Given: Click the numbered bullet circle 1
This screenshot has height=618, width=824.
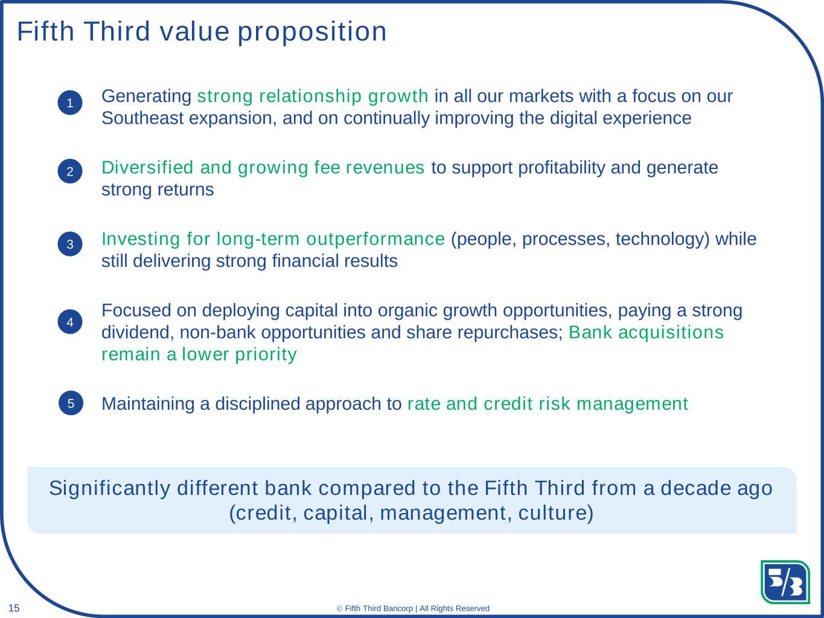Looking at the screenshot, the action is click(x=70, y=103).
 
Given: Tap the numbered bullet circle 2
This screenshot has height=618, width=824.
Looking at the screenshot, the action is click(x=70, y=171).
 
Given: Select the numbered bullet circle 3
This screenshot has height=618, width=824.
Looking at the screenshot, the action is click(x=70, y=244).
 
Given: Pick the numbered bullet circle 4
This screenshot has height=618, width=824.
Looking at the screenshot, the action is click(x=70, y=322).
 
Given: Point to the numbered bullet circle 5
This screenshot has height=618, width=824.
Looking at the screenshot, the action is click(x=71, y=403).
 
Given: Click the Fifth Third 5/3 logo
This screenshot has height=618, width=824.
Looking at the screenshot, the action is click(x=785, y=582).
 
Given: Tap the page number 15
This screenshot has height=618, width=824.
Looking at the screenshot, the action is click(x=14, y=608).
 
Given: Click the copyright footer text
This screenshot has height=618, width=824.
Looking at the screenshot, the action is click(x=413, y=608).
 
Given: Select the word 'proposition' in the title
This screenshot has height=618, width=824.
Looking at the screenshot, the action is click(x=312, y=32).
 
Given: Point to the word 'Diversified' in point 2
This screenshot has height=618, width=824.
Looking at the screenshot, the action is click(x=147, y=167).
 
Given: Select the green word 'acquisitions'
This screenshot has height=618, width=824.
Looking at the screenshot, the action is click(x=671, y=333).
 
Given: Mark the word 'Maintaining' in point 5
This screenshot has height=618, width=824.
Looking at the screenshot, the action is click(x=148, y=404).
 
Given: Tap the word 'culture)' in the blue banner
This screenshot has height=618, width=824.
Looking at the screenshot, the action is click(x=555, y=513).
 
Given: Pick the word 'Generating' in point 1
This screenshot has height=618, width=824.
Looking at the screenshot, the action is click(x=147, y=97).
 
